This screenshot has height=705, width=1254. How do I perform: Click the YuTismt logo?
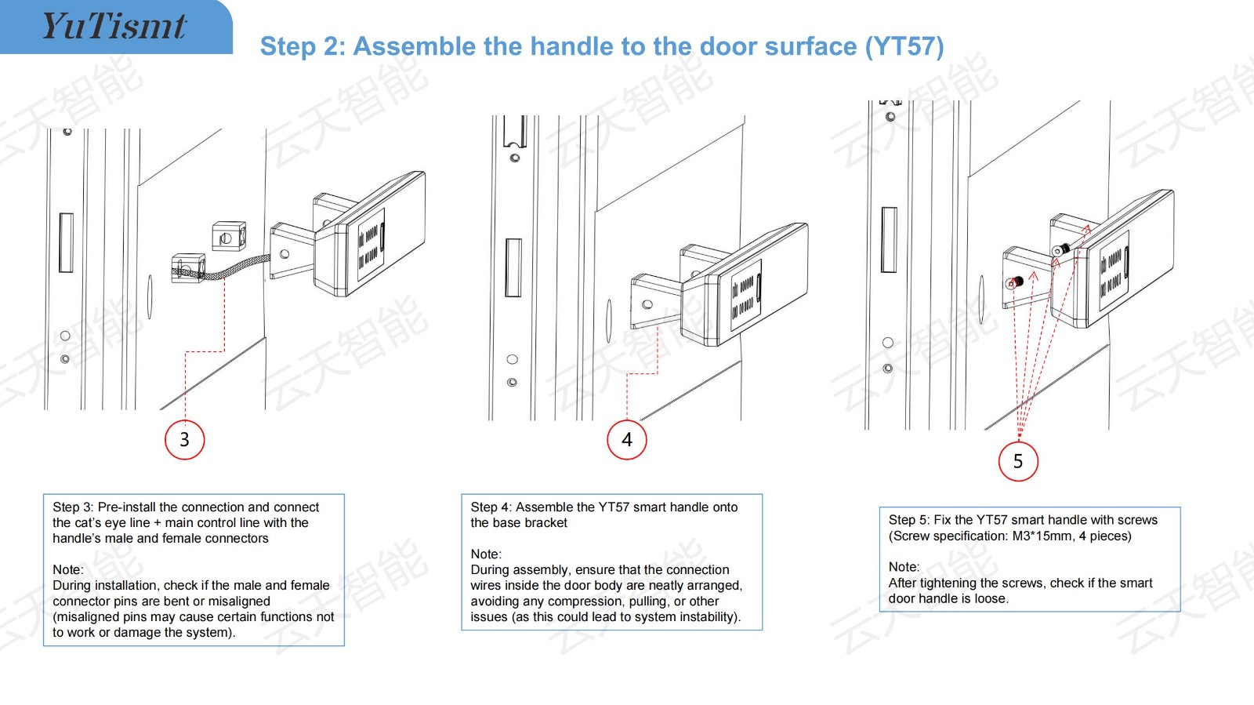[114, 26]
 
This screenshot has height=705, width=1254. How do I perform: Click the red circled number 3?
[185, 440]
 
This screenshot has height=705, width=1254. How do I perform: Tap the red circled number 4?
[627, 440]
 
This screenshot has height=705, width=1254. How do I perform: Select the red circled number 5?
[1018, 461]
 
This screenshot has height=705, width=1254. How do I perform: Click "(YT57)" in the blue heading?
[904, 46]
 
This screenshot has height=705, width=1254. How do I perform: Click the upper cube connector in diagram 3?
[229, 236]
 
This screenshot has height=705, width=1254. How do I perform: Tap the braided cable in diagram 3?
[235, 267]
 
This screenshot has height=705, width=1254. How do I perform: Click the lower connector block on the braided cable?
[188, 268]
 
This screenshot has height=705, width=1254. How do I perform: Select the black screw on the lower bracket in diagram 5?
[1019, 281]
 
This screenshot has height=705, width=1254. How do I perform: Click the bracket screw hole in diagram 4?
[647, 304]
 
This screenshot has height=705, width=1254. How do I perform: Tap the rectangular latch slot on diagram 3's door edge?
[66, 242]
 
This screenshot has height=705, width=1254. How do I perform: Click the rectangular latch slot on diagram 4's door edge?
[513, 267]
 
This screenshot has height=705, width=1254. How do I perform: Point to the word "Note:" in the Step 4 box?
[486, 554]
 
